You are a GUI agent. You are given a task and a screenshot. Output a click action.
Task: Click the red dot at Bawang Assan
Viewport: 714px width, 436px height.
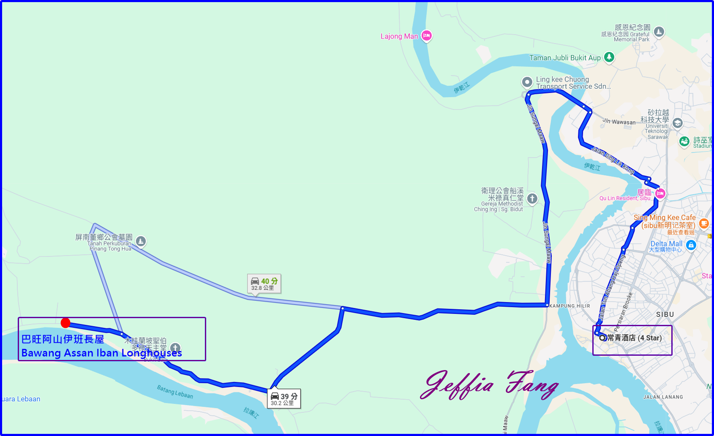[65, 323]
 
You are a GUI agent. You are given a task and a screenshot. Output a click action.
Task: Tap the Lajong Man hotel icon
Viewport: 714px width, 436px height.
[426, 36]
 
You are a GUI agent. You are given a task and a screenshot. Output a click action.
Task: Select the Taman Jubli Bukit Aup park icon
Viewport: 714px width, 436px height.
[609, 57]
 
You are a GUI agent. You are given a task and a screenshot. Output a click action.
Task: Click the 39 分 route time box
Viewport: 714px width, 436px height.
[284, 398]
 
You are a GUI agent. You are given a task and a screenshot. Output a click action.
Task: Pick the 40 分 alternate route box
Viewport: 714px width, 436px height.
[264, 283]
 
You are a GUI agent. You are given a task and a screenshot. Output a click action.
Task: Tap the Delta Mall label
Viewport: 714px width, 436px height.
[666, 244]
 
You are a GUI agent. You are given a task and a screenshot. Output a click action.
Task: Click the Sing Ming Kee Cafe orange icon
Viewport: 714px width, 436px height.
[703, 223]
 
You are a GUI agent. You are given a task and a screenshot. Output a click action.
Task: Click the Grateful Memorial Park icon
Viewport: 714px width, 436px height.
[659, 32]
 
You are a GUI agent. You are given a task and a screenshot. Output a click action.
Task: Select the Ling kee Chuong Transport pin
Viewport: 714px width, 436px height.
[527, 82]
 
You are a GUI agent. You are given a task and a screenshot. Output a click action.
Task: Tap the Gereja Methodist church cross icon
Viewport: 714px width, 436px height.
[532, 198]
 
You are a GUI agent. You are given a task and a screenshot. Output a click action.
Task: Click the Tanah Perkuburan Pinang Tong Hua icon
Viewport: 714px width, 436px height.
[141, 241]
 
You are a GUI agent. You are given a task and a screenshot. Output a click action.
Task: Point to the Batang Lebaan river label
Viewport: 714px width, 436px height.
[175, 392]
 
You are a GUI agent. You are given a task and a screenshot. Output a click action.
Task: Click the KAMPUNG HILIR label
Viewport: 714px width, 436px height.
[570, 306]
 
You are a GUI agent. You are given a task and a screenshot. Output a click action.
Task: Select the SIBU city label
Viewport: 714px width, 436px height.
[665, 314]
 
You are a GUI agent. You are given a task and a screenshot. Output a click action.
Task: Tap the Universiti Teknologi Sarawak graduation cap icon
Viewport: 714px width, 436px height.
[677, 123]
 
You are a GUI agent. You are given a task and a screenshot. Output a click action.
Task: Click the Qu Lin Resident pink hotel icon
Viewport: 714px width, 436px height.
[660, 193]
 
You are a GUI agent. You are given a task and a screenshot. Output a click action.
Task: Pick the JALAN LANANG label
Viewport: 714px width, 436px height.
[663, 397]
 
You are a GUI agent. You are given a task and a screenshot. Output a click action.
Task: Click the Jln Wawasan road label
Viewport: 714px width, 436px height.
[619, 122]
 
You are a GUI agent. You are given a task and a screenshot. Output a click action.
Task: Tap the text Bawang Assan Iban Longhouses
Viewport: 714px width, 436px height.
[101, 353]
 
